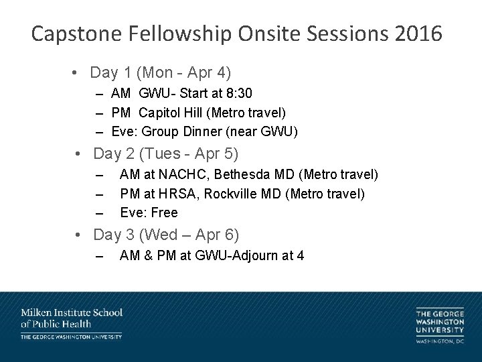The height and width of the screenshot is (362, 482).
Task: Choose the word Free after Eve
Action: [x=165, y=213]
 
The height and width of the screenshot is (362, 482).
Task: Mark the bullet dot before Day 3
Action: [x=79, y=235]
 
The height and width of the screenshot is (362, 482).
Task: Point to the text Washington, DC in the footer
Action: [x=439, y=342]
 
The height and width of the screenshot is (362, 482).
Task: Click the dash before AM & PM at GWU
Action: [x=100, y=255]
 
